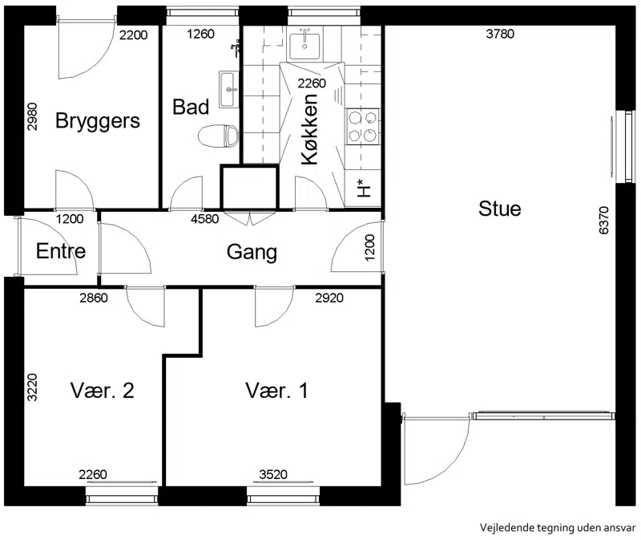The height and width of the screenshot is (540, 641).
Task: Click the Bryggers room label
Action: (x=98, y=121)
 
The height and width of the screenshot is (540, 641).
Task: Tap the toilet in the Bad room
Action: (x=218, y=136)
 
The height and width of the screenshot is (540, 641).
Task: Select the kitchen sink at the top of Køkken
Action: (x=304, y=47)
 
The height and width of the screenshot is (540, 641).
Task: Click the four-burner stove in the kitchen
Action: (x=363, y=126)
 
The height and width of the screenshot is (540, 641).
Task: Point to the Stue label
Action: (x=499, y=209)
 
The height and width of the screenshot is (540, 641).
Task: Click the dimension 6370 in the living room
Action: (x=603, y=221)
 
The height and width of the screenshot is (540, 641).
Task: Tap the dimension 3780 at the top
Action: (x=500, y=34)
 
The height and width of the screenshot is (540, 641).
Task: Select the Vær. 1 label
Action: (x=276, y=391)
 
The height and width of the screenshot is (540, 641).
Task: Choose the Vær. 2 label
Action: (x=103, y=391)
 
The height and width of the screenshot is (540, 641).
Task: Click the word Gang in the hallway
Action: (x=252, y=253)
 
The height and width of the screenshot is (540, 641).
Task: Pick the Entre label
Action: (x=61, y=251)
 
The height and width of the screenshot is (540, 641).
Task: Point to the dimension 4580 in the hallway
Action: (x=205, y=219)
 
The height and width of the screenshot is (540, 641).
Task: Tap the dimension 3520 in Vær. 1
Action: (x=273, y=474)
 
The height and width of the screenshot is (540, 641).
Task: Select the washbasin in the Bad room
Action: (x=229, y=89)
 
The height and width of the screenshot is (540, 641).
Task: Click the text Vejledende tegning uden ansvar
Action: (x=558, y=528)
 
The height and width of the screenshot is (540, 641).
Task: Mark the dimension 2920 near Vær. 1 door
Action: (x=329, y=298)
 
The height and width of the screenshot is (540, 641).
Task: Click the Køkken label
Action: (x=309, y=129)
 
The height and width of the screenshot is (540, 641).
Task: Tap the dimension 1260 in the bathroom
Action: (x=200, y=34)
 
